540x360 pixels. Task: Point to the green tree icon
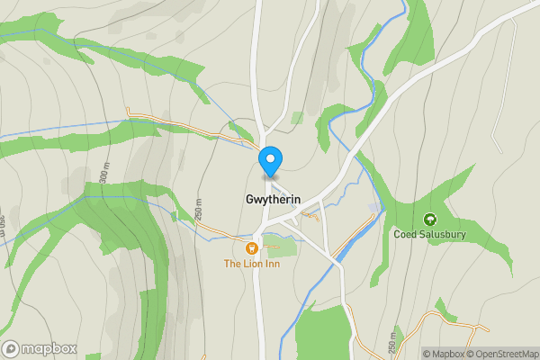point(429,219)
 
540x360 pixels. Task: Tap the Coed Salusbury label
point(430,235)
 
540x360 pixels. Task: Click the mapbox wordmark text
point(49,348)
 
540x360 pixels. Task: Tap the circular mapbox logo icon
point(12,348)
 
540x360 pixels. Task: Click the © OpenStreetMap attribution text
point(498,354)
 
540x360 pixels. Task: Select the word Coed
point(405,235)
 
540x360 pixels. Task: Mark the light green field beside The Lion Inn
point(281,246)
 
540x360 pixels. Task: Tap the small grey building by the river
point(374,208)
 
